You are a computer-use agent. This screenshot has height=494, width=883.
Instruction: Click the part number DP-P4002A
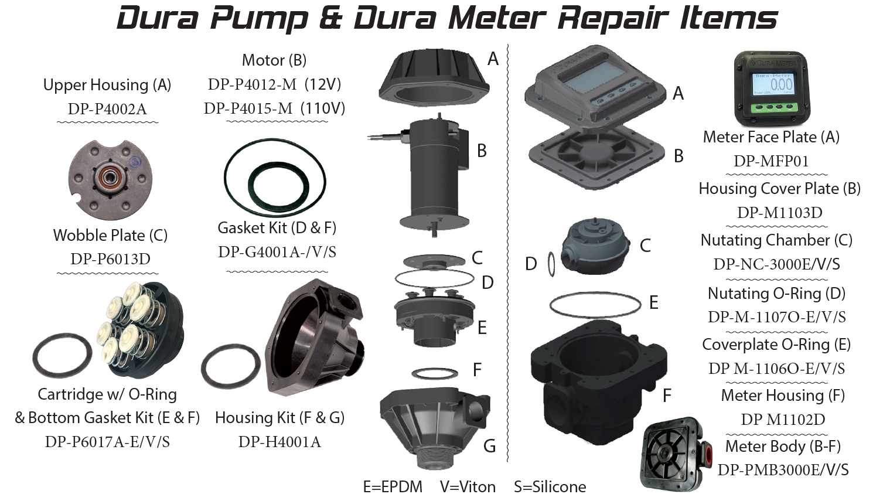107,109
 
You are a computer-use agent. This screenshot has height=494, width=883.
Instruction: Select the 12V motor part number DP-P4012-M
253,84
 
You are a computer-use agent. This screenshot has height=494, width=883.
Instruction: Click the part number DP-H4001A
279,442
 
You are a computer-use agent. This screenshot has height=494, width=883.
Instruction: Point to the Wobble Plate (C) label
110,236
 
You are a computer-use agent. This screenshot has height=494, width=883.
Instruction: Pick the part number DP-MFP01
771,161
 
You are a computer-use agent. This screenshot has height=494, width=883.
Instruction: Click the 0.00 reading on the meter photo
781,84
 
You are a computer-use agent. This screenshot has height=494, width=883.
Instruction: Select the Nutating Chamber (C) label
776,240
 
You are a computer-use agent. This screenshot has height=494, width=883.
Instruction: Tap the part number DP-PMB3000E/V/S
783,470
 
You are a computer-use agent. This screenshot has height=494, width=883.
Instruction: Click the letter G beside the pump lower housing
489,446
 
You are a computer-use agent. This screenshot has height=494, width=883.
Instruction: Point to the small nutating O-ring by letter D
551,264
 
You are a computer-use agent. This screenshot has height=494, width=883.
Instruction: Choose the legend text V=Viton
468,487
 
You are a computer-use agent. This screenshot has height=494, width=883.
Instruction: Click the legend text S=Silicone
550,487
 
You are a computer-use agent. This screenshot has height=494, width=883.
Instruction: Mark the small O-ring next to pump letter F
435,373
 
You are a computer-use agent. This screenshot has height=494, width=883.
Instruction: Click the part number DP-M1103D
780,213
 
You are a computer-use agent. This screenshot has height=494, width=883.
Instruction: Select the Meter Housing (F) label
783,396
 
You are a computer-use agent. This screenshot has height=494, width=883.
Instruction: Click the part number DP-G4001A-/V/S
277,252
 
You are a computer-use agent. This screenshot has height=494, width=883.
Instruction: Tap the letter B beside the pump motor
482,151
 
